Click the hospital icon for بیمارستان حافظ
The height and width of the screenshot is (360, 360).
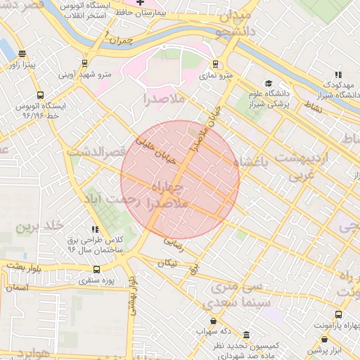(x=139, y=2)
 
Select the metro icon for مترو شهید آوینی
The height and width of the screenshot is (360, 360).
(x=85, y=63)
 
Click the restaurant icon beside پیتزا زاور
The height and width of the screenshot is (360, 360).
(x=23, y=53)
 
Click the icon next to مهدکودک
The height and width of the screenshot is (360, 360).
(x=338, y=75)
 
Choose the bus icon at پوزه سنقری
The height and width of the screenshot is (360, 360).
(x=96, y=269)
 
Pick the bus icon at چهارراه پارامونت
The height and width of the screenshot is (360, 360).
(x=338, y=315)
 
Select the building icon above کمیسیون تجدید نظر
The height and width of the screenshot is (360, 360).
(x=245, y=335)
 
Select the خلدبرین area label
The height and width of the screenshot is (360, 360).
(x=41, y=225)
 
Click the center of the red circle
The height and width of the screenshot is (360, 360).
(x=180, y=180)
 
